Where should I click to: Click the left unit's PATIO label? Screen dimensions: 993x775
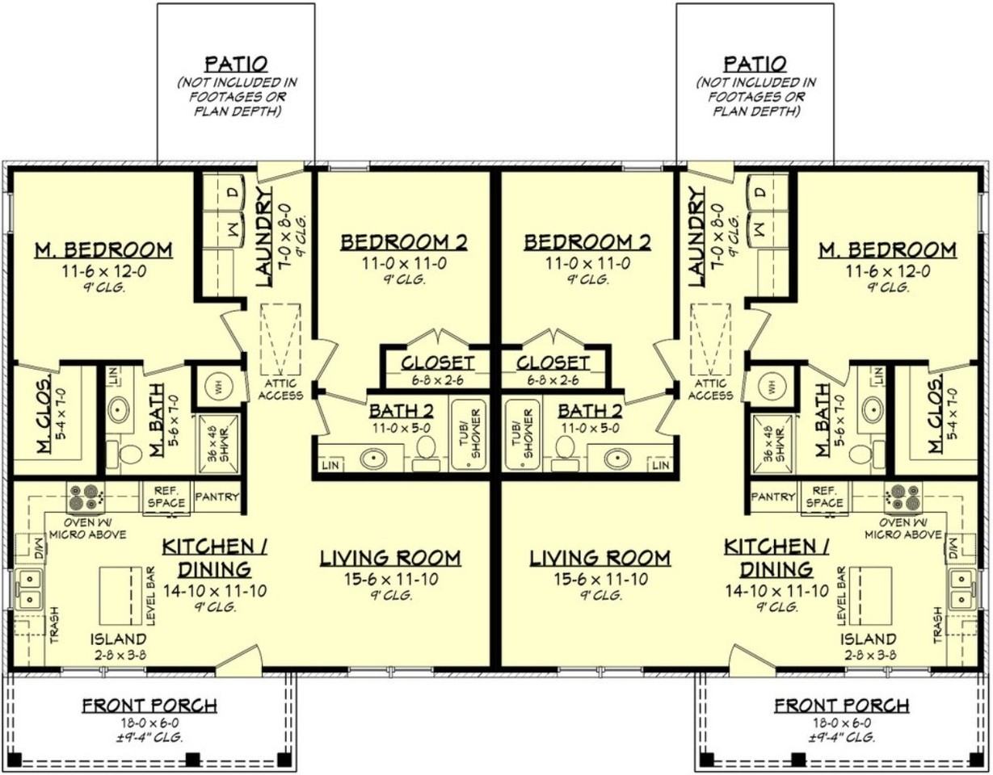236,64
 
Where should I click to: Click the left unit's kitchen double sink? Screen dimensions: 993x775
30,589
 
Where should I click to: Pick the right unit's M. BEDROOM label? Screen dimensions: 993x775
887,249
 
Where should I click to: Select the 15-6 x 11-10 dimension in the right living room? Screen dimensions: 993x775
600,579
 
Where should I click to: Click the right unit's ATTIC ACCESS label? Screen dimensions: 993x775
710,389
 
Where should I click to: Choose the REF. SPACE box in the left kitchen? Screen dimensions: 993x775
166,498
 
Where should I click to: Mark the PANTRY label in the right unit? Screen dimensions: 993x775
773,496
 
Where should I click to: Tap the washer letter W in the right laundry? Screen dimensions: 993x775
760,228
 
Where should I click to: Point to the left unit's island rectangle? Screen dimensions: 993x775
121,596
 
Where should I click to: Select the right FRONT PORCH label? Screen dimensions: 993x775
841,705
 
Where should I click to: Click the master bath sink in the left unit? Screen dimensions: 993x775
118,408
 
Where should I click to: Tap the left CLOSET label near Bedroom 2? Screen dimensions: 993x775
438,362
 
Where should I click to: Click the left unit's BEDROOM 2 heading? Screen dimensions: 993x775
404,242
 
